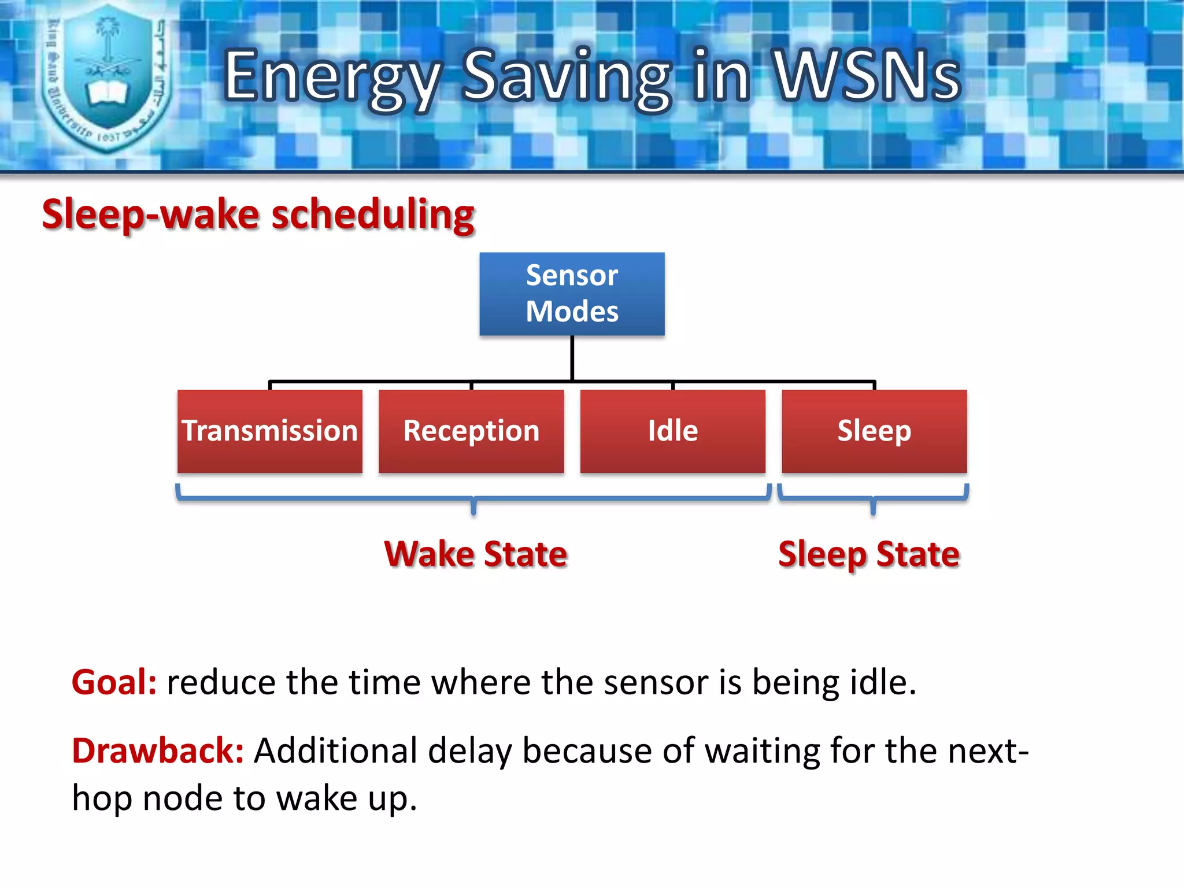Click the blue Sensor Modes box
pyautogui.click(x=572, y=294)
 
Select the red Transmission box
pyautogui.click(x=269, y=431)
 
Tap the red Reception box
pyautogui.click(x=471, y=431)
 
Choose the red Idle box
pyautogui.click(x=672, y=431)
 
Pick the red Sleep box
pyautogui.click(x=874, y=431)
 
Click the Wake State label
pyautogui.click(x=476, y=554)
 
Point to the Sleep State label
pyautogui.click(x=869, y=554)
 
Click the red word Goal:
pyautogui.click(x=114, y=682)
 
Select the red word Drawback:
pyautogui.click(x=157, y=750)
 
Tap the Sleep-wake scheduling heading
pyautogui.click(x=258, y=214)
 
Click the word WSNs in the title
pyautogui.click(x=867, y=75)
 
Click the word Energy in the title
pyautogui.click(x=332, y=76)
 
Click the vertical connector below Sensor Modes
pyautogui.click(x=572, y=358)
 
